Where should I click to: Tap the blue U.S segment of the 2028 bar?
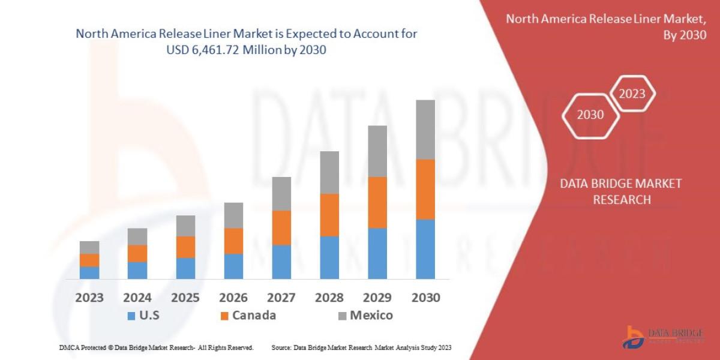329,257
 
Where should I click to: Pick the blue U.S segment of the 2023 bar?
89,272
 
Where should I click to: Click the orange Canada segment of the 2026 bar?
233,241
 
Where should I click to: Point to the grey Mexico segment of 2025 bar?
185,226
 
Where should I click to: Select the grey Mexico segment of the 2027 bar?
281,193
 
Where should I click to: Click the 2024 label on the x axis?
137,298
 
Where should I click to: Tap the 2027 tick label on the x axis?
281,298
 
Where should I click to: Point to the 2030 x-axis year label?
425,298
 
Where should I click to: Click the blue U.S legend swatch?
131,316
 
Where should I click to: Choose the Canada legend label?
254,315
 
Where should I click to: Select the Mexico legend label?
371,315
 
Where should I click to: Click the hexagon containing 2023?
632,94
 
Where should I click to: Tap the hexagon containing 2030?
590,115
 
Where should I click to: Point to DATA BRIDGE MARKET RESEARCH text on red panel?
621,191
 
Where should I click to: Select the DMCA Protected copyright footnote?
156,347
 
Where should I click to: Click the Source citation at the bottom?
361,347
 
